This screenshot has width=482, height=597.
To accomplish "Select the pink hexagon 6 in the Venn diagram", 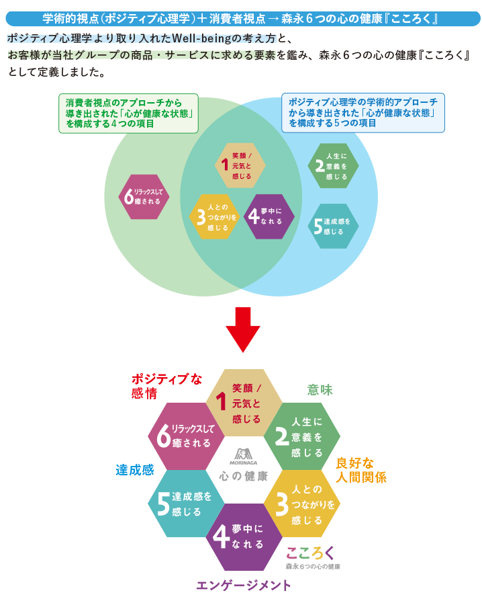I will point(144,196).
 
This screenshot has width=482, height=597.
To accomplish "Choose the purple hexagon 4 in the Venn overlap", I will point(269,216).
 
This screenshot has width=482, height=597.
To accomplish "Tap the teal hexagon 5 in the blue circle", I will point(333,226).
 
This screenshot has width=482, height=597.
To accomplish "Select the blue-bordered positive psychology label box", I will point(363,112).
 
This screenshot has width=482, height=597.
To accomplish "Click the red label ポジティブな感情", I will point(166,386).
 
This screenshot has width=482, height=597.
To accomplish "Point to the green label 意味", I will point(320,390).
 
